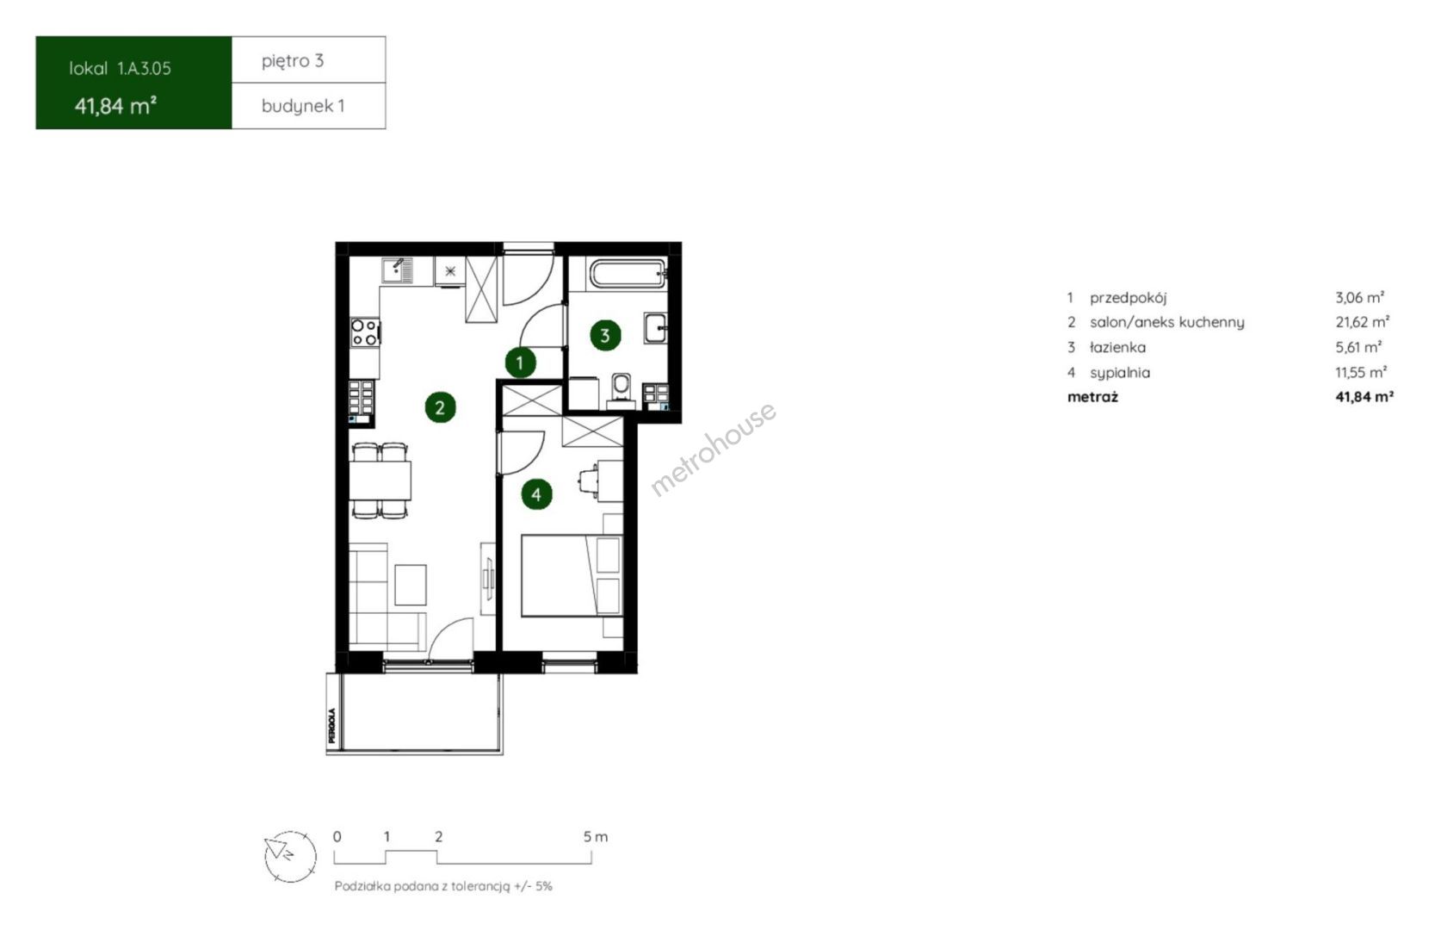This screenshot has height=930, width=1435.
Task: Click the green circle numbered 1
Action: point(520,363)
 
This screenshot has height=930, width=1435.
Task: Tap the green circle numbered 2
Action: point(440,407)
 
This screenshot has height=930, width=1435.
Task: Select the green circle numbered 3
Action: point(605,335)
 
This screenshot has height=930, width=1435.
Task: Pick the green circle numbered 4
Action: point(536,494)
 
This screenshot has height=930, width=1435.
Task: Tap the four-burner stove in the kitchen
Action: point(364,332)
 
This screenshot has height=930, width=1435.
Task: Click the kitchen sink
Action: point(397,270)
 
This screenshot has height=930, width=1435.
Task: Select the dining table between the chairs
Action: point(380,480)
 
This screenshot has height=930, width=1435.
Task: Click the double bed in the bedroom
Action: point(572,575)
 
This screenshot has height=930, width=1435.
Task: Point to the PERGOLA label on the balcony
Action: point(331,725)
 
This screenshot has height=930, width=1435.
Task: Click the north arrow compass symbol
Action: point(290,856)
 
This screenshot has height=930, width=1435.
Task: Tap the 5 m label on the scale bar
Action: point(595,836)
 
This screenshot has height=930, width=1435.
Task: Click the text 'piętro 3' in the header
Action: point(293,61)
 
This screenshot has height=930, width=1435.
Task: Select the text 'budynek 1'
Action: point(303,106)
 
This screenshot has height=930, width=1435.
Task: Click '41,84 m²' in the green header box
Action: point(116,106)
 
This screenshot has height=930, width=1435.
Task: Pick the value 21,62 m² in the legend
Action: point(1362,322)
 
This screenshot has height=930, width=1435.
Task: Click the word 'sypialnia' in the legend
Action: point(1120,372)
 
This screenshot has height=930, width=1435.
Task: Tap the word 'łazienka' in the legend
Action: point(1118,347)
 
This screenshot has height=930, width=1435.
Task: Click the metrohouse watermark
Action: point(714,448)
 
